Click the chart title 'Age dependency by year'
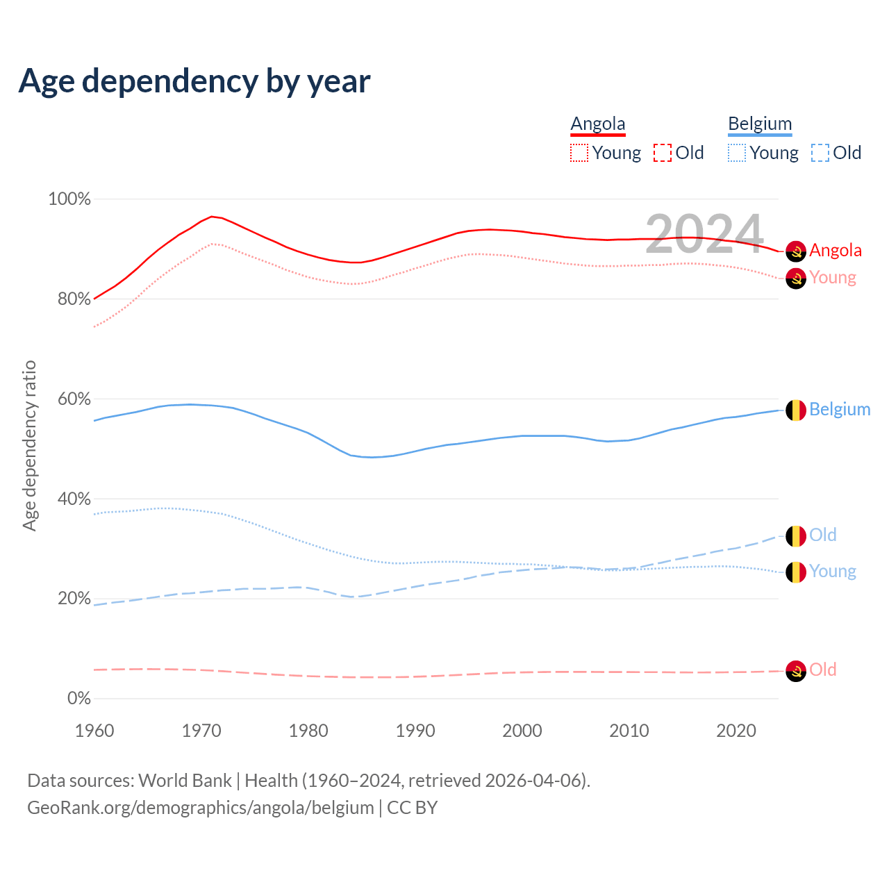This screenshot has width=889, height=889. click(x=194, y=81)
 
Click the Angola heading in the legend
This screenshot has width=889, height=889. click(x=598, y=124)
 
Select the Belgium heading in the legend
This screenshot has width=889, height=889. click(x=760, y=124)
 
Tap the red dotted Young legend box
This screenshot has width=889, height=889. click(x=579, y=153)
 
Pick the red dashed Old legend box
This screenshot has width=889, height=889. click(x=663, y=153)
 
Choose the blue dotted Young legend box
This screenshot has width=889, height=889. click(x=737, y=153)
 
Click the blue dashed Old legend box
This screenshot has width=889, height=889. click(x=820, y=153)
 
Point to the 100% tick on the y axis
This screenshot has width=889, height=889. click(x=69, y=199)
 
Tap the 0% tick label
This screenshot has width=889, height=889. click(x=79, y=699)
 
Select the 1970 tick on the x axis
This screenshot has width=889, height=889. click(x=201, y=731)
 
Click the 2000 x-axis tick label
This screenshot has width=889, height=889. click(x=522, y=731)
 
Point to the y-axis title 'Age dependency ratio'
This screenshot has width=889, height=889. click(x=29, y=445)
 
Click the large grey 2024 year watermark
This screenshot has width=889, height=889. click(x=704, y=234)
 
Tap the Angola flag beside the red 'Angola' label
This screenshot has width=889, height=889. click(x=796, y=251)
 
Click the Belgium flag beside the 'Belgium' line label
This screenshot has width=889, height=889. click(x=796, y=410)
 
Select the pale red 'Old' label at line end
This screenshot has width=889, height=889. click(x=823, y=670)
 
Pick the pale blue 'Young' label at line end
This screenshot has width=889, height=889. click(x=833, y=571)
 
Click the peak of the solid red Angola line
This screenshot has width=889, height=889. click(x=212, y=217)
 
